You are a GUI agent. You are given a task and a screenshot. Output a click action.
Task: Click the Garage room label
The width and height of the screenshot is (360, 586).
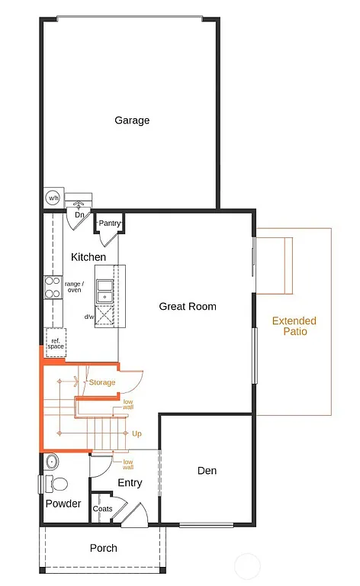coord(132,120)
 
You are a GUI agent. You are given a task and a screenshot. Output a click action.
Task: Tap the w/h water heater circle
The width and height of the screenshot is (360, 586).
coord(53,198)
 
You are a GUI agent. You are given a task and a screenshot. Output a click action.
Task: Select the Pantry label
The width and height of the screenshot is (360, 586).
coord(110,223)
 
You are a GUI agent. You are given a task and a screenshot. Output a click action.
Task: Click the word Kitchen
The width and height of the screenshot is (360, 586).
coord(88,257)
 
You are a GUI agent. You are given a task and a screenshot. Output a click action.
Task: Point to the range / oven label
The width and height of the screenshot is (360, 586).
coord(73,287)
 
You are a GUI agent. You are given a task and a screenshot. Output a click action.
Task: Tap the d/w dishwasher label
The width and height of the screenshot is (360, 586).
coord(88,316)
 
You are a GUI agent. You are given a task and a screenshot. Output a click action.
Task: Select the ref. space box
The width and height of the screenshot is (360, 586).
coord(55,342)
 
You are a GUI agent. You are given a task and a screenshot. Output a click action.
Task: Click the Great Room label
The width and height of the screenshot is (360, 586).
coord(188,306)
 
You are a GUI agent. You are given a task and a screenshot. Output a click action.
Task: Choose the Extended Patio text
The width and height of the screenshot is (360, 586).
coord(294,327)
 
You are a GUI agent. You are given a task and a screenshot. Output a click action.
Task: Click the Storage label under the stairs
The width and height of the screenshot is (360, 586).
coord(102,382)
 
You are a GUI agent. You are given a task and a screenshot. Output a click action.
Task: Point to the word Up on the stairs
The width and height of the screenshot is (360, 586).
coord(137,433)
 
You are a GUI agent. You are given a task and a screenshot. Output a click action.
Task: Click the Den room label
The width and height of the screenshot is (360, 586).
coord(206,471)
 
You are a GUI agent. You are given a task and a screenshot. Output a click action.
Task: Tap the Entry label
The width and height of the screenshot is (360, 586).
coord(130,483)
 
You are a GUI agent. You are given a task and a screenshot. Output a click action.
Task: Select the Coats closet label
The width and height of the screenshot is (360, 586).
coord(102,509)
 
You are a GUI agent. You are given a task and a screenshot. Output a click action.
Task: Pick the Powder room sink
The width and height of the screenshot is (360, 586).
coord(51,462)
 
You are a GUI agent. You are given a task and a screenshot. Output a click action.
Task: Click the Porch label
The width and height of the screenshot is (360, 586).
coord(104,548)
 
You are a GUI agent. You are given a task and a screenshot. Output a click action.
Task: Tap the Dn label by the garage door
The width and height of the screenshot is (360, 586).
coord(79,215)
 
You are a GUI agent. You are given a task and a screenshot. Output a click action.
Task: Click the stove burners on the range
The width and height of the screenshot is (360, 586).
coord(52,287)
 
